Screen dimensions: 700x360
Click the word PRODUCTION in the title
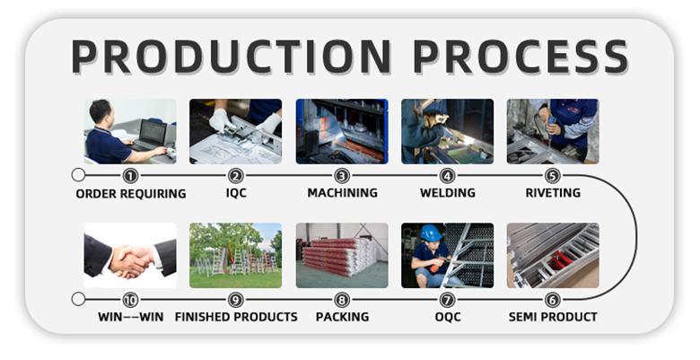[231, 57]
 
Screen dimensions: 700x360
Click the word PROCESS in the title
[521, 57]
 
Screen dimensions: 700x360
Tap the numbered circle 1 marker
[130, 176]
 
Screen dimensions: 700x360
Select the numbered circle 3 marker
[342, 176]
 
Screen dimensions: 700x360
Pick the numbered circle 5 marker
[553, 176]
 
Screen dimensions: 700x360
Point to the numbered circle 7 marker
[447, 300]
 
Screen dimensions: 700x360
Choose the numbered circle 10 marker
[130, 300]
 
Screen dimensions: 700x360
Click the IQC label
[236, 193]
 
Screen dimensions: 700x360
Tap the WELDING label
[447, 193]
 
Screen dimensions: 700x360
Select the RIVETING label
[553, 193]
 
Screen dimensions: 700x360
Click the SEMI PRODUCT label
[553, 317]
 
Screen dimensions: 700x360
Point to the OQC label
[448, 317]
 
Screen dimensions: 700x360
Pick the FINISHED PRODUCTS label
[236, 317]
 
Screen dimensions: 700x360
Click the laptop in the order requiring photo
[151, 134]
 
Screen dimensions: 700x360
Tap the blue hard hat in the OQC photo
[431, 233]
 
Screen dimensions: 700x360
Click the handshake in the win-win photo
[130, 259]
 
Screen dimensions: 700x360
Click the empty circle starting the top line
[78, 175]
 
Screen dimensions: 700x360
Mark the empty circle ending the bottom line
[78, 299]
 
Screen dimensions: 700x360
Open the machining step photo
[342, 131]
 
